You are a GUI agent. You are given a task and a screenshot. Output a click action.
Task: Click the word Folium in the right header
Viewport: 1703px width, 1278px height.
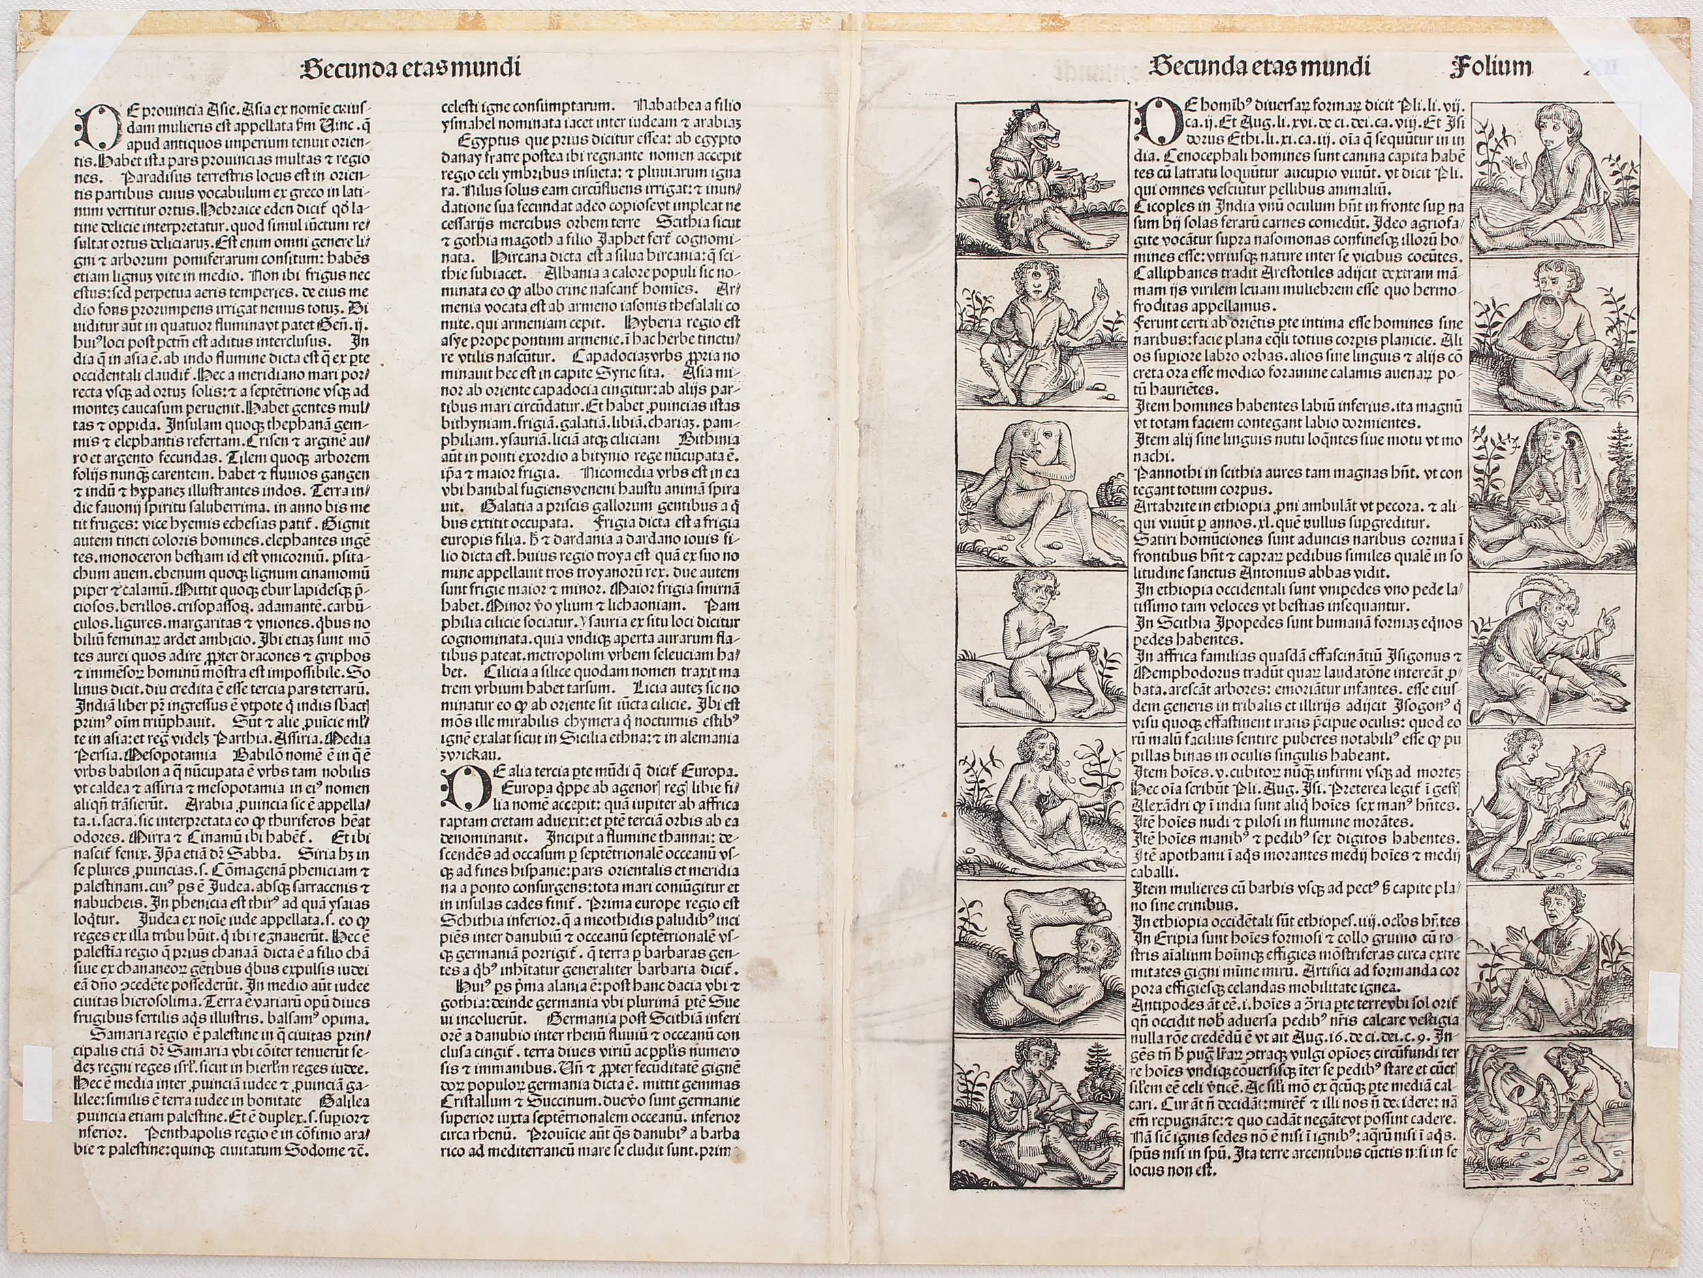click(x=1490, y=67)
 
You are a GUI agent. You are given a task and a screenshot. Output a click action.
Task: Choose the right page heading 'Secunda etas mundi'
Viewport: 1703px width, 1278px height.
click(x=1260, y=67)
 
